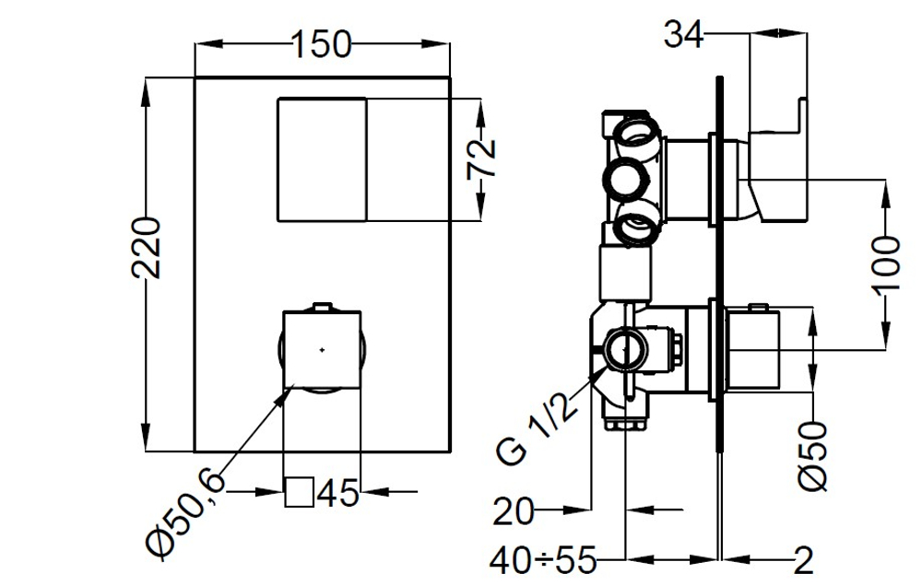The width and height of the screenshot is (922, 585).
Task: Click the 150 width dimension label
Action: tap(321, 44)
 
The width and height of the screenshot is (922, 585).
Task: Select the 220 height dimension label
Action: tap(146, 247)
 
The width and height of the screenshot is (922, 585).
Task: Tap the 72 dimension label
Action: tap(481, 158)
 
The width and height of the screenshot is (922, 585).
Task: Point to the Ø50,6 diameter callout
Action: tap(186, 516)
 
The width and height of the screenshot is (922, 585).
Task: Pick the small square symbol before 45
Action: tap(300, 492)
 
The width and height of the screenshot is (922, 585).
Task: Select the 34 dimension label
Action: tap(683, 34)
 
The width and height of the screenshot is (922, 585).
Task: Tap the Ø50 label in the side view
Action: tap(813, 456)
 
